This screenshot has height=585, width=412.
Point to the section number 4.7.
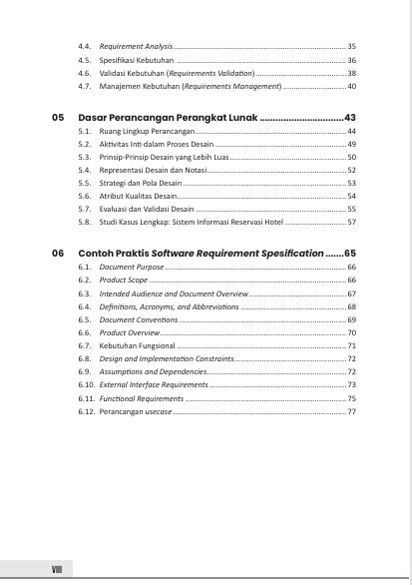tap(85, 87)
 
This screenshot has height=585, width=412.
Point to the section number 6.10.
tap(86, 384)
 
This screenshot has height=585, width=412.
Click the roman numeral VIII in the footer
tap(58, 569)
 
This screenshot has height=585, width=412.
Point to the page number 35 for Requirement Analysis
tap(351, 47)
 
